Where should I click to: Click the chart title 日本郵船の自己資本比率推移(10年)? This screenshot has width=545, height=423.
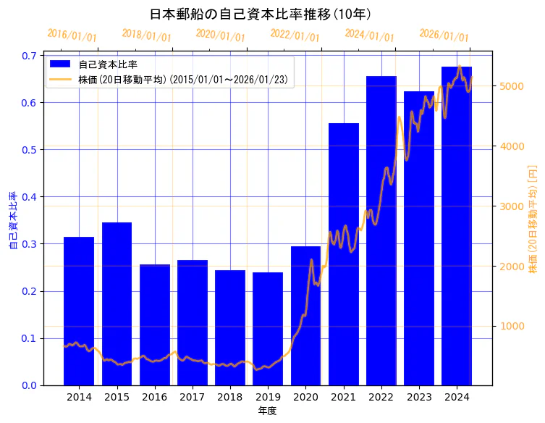click(x=261, y=14)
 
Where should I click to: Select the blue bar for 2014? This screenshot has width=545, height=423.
click(x=79, y=311)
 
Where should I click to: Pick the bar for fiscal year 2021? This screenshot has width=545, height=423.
click(x=344, y=254)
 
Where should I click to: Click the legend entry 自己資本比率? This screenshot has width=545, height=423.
click(x=108, y=64)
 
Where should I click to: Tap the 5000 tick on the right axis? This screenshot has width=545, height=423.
click(x=511, y=86)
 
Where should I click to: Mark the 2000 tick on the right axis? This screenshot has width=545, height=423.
click(x=511, y=266)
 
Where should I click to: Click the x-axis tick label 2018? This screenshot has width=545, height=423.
click(x=230, y=398)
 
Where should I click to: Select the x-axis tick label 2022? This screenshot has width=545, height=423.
click(x=381, y=398)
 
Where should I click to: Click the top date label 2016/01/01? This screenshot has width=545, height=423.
click(x=72, y=35)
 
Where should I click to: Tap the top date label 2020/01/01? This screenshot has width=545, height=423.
click(x=221, y=35)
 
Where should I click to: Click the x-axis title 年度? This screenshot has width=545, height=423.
click(x=268, y=411)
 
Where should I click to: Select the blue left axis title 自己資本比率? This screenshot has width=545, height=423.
click(x=13, y=220)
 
